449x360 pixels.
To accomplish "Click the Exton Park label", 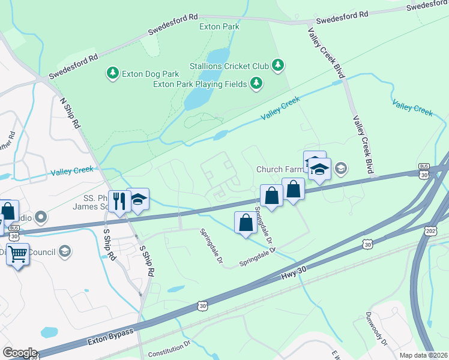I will click(x=220, y=26).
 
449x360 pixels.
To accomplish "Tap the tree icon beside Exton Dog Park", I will click(x=112, y=73).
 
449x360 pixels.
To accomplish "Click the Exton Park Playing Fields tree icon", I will click(x=256, y=83).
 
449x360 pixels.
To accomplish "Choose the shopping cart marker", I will click(x=17, y=255).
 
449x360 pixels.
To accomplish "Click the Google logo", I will click(x=19, y=352).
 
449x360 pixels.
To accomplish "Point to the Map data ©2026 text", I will click(x=423, y=355).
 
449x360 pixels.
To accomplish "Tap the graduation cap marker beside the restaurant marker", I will click(x=138, y=200).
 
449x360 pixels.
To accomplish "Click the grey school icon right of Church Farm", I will click(x=341, y=168).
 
